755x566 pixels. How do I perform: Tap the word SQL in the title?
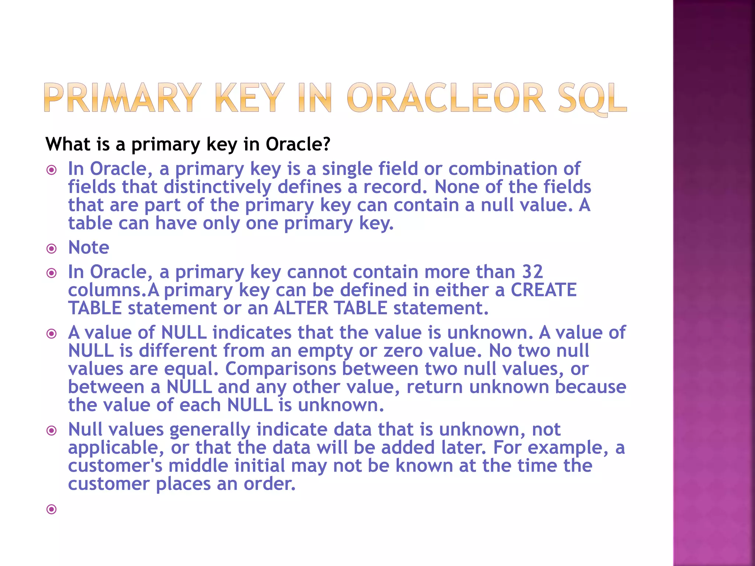click(x=592, y=98)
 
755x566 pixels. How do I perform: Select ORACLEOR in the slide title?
click(x=446, y=98)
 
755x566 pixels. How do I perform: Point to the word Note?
click(x=89, y=247)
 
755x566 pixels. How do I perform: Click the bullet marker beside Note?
click(x=52, y=249)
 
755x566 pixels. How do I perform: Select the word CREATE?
click(x=543, y=290)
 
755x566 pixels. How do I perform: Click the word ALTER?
click(x=301, y=308)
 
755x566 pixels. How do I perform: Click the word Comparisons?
click(x=281, y=369)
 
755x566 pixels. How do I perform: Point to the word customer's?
click(x=115, y=466)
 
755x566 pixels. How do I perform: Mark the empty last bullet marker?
click(x=52, y=510)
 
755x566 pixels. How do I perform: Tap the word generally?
click(x=210, y=430)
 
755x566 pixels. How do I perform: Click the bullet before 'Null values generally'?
click(x=52, y=430)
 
